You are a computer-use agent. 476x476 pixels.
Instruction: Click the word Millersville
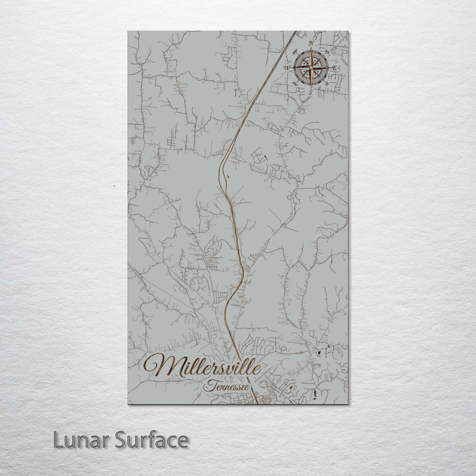(203, 365)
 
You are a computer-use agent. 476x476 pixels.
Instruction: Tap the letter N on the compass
(311, 43)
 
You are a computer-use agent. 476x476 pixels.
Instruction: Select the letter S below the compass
(310, 92)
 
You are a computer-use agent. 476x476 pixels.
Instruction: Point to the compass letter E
(334, 67)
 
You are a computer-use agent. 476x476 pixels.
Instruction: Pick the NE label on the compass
(327, 52)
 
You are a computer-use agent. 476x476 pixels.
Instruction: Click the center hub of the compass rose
(311, 67)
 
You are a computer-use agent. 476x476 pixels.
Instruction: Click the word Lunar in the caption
(82, 440)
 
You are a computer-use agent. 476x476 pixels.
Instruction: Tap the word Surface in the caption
(152, 440)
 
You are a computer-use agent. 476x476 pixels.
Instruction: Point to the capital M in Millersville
(159, 365)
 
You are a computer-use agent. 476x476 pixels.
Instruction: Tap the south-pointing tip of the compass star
(311, 87)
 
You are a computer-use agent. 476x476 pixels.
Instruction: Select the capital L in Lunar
(58, 440)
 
